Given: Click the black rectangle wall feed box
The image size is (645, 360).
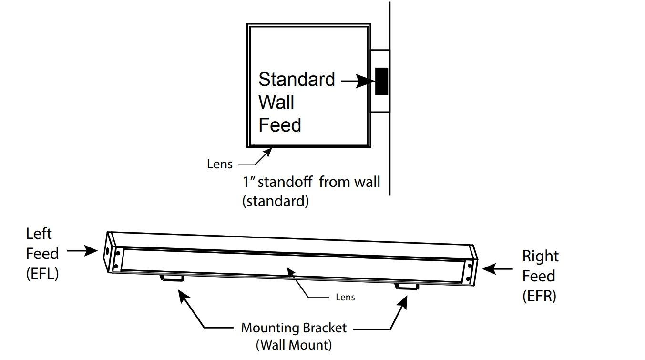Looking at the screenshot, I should coord(381,82).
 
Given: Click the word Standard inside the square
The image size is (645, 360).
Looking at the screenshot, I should coord(297,79).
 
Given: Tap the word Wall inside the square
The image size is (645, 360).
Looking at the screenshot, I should coord(276,102).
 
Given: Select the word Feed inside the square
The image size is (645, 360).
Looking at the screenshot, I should coord(279,125).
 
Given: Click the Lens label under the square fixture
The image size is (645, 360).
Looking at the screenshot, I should coord(220,164).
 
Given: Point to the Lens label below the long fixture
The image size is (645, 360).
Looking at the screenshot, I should coord(345,297).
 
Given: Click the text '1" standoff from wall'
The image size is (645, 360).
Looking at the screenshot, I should coord(311,182).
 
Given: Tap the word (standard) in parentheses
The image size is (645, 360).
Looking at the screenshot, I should coord(276,201).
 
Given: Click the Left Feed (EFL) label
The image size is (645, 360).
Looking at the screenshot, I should coord(42,254).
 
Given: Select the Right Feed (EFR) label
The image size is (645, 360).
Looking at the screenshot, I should coord(539,276).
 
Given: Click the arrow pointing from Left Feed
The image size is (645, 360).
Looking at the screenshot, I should coord(82,250).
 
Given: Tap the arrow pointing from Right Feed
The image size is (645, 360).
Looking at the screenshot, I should coord(498,269).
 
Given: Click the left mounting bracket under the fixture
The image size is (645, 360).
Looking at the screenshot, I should coord(172,278).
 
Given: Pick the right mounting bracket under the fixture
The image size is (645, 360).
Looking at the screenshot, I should coord(407,286).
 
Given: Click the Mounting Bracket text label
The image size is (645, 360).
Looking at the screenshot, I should coord(294,328).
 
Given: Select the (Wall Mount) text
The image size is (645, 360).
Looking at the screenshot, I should coord(294,344).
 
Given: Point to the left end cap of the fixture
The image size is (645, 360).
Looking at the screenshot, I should coord(111,252).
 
